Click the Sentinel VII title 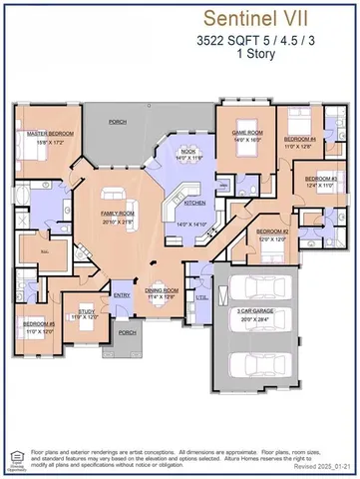coord(269,18)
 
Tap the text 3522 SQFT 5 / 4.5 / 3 coord(269,41)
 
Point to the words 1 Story coord(269,55)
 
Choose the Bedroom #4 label coord(299,139)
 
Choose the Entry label coord(123,294)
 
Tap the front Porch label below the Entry coord(127,332)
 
